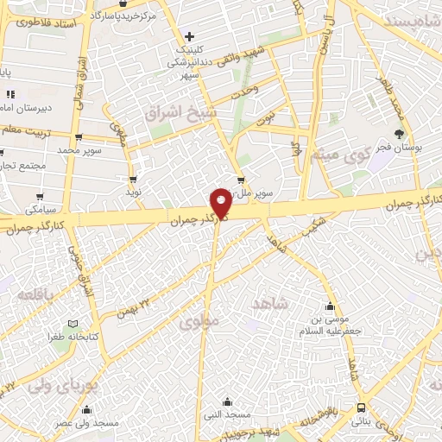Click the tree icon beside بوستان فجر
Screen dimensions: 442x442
point(398,134)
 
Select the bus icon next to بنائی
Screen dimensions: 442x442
point(360,407)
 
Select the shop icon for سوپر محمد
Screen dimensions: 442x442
point(79,137)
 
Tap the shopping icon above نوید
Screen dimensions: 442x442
point(133,179)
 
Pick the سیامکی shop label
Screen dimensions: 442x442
point(41,210)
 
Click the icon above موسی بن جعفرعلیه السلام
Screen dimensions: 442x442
point(329,306)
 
